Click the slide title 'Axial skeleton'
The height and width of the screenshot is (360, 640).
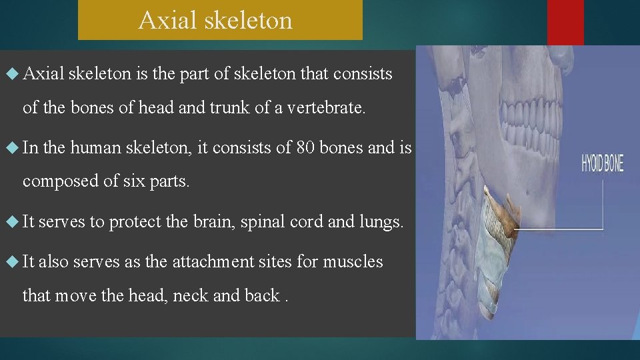[x=215, y=20]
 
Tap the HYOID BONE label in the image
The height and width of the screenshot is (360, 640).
[x=602, y=163]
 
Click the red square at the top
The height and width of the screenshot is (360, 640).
[x=565, y=22]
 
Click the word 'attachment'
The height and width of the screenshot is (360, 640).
[x=213, y=261]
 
